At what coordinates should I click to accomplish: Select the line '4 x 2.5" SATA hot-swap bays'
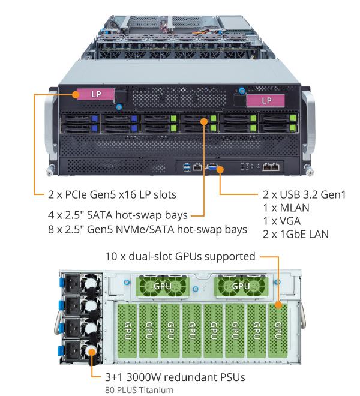(x=118, y=215)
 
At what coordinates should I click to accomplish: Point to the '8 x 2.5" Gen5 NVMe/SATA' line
(x=147, y=229)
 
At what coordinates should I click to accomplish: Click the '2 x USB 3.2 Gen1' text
(x=305, y=194)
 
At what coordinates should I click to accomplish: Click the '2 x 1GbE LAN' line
(x=295, y=234)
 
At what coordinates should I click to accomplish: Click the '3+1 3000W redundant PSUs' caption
(x=169, y=377)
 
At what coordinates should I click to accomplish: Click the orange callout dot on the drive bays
(x=204, y=121)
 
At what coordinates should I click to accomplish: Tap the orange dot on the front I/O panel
(x=220, y=169)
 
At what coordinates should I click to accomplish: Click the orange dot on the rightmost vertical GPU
(x=278, y=305)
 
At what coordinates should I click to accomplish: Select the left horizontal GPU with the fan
(x=163, y=286)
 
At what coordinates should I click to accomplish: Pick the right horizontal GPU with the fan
(x=240, y=286)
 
